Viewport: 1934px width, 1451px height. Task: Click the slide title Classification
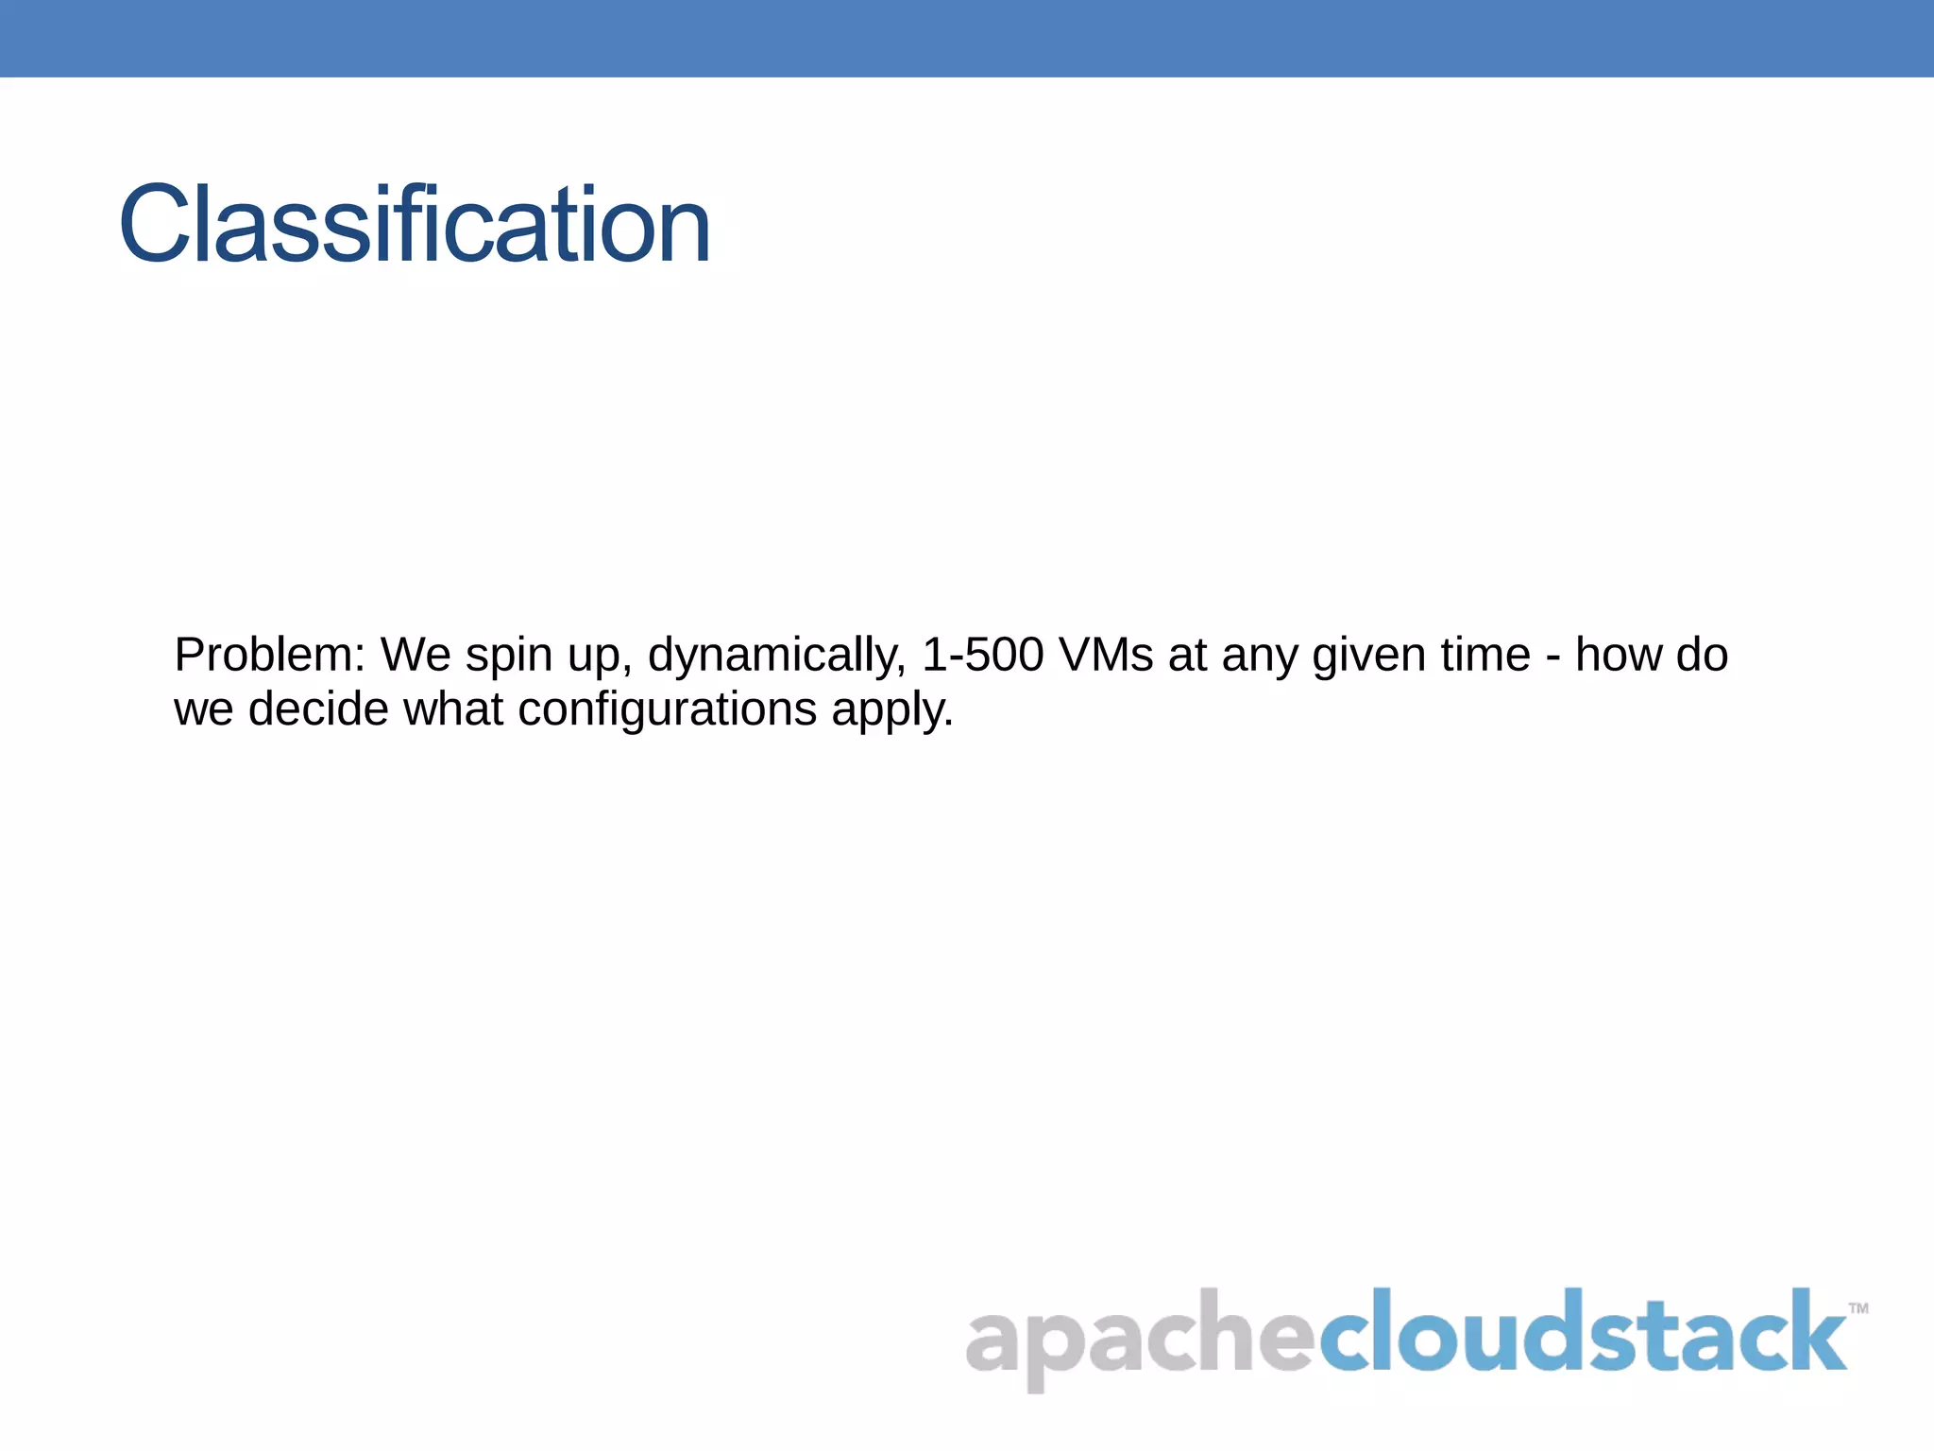[x=415, y=225]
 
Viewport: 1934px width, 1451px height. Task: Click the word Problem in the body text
[x=269, y=655]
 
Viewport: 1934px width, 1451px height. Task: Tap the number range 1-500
[x=982, y=655]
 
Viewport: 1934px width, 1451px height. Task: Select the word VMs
[x=1106, y=655]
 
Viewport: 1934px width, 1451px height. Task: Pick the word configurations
[x=667, y=709]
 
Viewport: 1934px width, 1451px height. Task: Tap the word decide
[x=318, y=708]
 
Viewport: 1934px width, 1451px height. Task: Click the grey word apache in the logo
[x=1138, y=1337]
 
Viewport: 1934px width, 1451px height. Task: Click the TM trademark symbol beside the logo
[x=1858, y=1308]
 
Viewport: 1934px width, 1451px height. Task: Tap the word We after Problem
[x=416, y=655]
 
